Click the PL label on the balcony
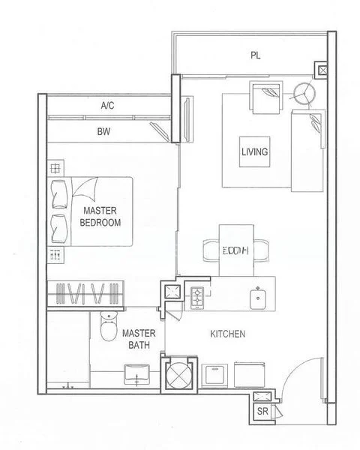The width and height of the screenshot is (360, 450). pos(256,55)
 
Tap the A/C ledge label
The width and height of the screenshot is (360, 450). pos(107,106)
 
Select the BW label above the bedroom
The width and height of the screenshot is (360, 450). pos(104,131)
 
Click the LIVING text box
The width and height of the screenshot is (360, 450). pos(255,151)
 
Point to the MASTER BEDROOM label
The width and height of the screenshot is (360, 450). pos(102,217)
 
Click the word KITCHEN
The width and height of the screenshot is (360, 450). pos(226,334)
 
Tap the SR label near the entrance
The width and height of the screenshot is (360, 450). pos(262,412)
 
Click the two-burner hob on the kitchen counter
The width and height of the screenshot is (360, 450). pos(197,297)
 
